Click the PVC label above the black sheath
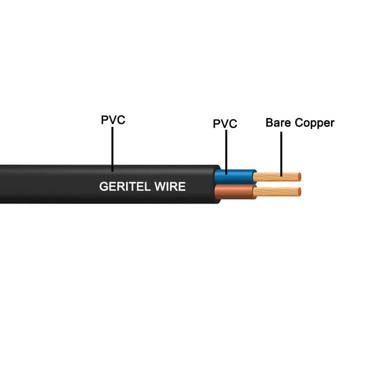click(x=113, y=120)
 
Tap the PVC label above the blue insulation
click(x=225, y=124)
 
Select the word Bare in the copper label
click(x=279, y=123)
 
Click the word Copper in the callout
click(x=314, y=123)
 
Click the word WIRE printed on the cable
click(x=169, y=187)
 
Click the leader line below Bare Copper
click(x=281, y=154)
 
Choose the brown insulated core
click(x=236, y=192)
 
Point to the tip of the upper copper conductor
click(x=299, y=176)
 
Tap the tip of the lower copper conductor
click(x=299, y=192)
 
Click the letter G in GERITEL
click(x=103, y=187)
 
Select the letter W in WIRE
click(x=158, y=187)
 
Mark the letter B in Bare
click(x=269, y=123)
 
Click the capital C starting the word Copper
click(x=299, y=123)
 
